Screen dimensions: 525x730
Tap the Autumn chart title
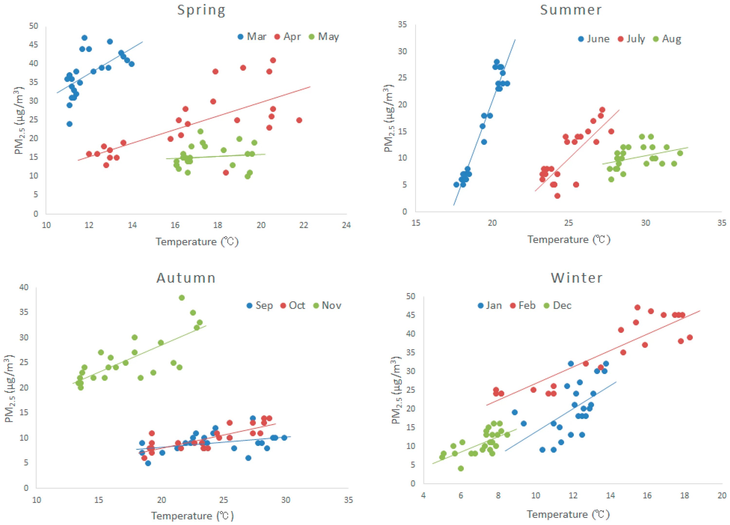186,278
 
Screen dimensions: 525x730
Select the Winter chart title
576,278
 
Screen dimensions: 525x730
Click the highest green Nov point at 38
182,298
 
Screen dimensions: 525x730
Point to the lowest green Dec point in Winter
461,468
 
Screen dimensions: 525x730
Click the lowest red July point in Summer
557,196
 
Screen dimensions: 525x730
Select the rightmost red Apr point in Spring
299,120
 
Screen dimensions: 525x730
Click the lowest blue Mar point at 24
70,124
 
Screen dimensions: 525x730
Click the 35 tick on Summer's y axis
402,25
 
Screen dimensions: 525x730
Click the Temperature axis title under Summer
569,239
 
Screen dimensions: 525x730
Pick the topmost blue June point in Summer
497,62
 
